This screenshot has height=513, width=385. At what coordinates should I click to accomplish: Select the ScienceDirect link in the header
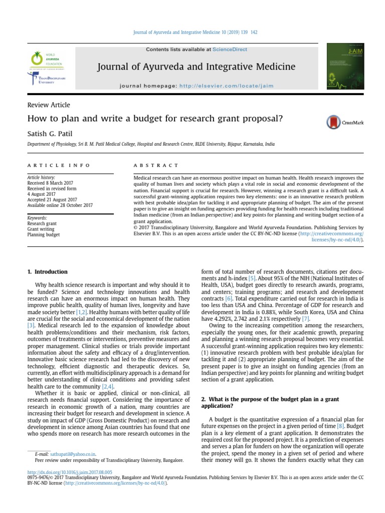[230, 50]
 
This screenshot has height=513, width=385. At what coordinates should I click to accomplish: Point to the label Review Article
[49, 105]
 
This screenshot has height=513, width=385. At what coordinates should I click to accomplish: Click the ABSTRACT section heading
[156, 165]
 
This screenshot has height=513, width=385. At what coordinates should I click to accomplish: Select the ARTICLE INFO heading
[59, 165]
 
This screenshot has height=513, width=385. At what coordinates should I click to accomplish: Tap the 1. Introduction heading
[48, 272]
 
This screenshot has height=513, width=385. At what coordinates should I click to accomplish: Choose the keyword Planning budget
[44, 234]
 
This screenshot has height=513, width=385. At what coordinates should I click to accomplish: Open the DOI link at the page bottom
[70, 472]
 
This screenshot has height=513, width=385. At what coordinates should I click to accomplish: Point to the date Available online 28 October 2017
[60, 205]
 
